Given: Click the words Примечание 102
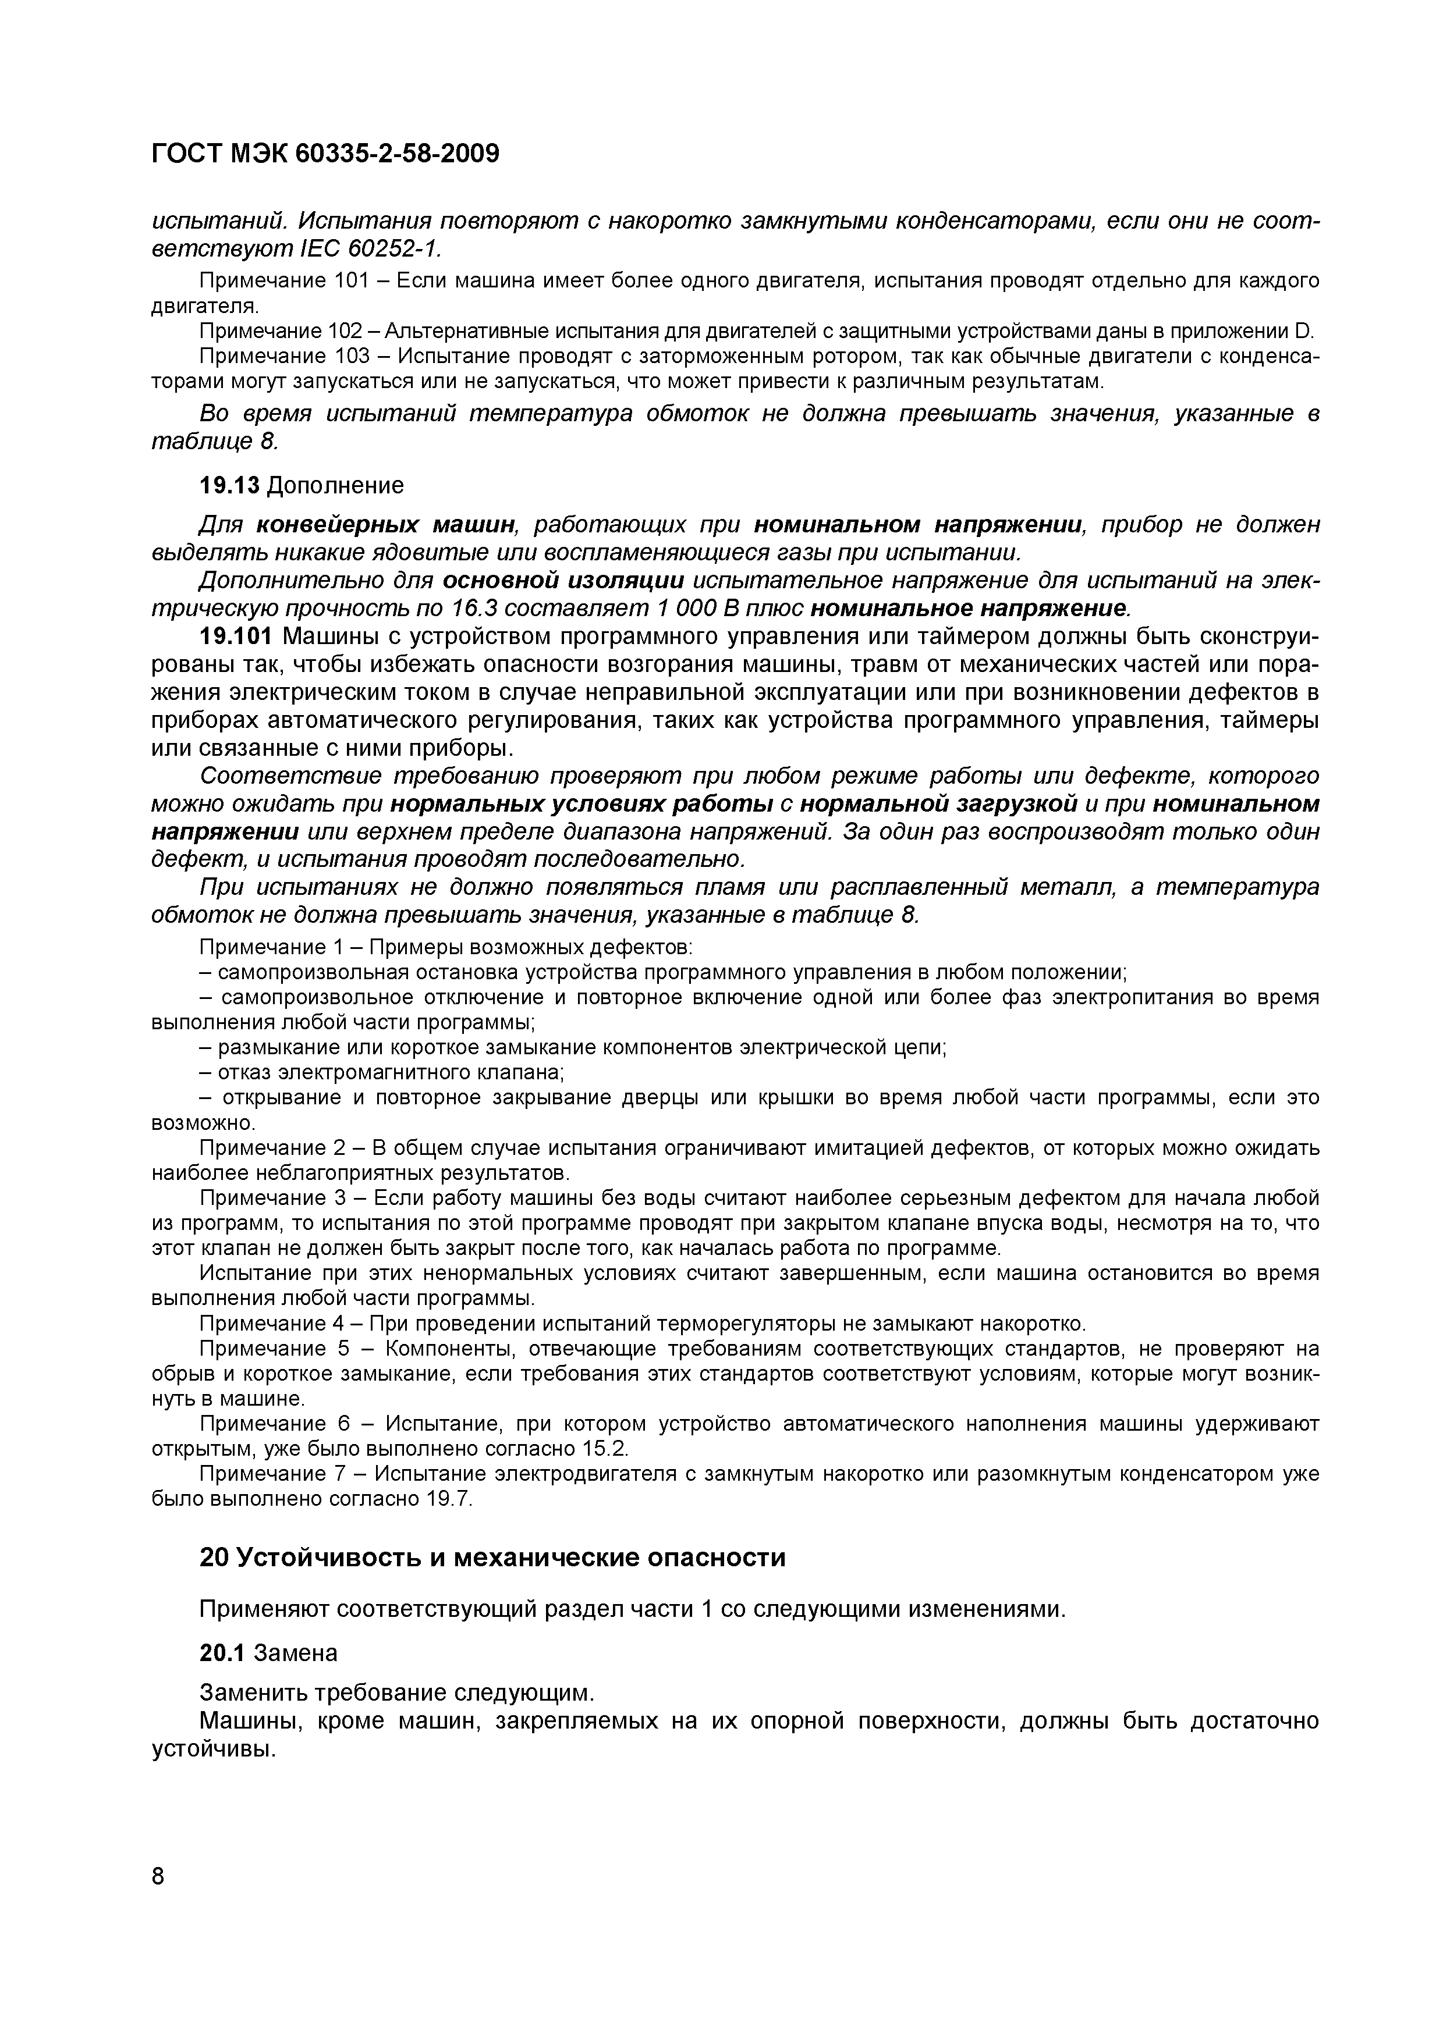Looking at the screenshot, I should tap(275, 332).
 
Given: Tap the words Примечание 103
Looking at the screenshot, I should tap(275, 357).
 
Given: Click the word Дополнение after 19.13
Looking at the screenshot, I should tap(335, 485).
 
